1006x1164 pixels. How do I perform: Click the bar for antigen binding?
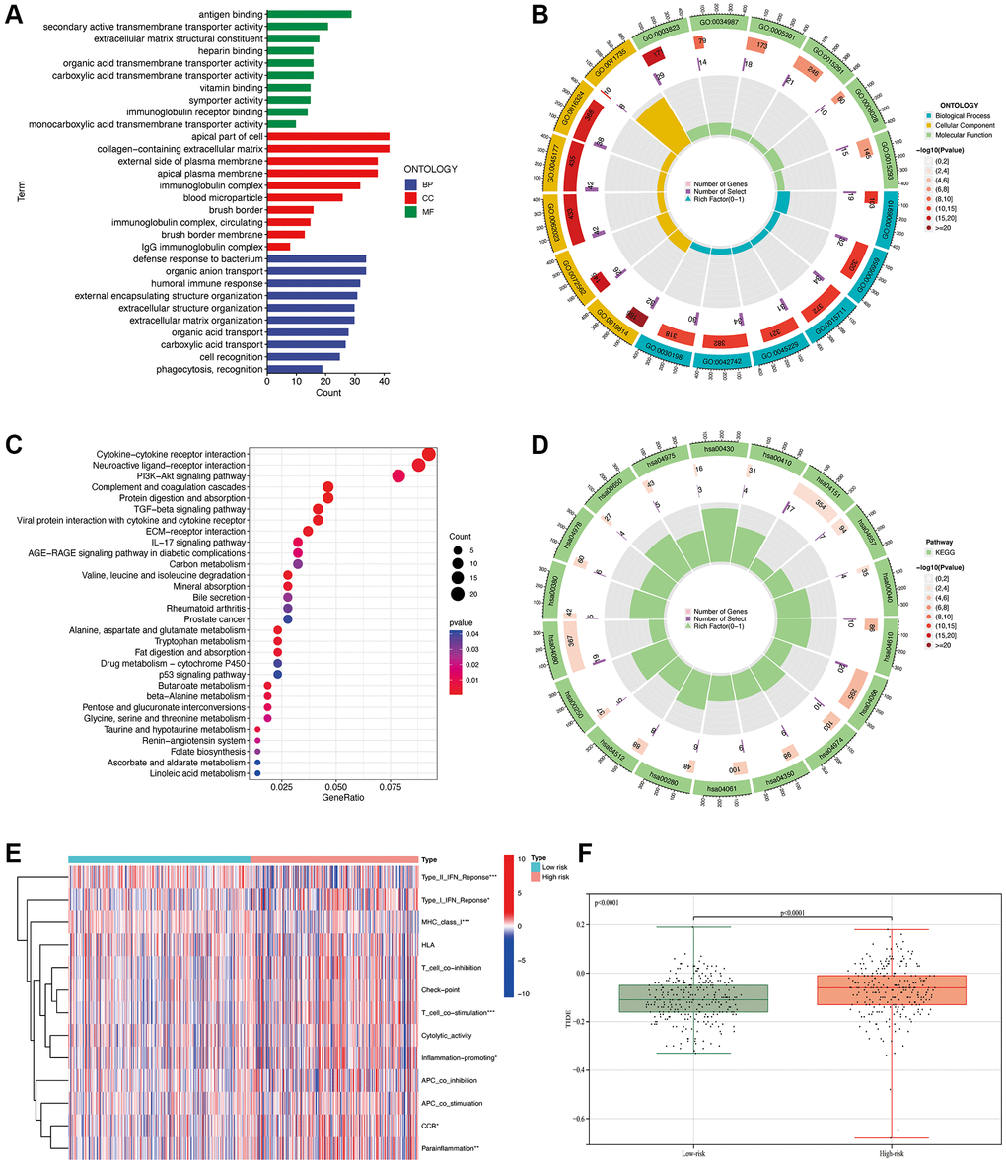[308, 14]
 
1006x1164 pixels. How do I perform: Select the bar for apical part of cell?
[327, 137]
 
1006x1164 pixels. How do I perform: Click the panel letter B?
[537, 14]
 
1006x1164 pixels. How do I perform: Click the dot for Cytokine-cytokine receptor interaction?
[428, 454]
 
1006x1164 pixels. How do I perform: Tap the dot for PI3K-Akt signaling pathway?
[398, 476]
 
